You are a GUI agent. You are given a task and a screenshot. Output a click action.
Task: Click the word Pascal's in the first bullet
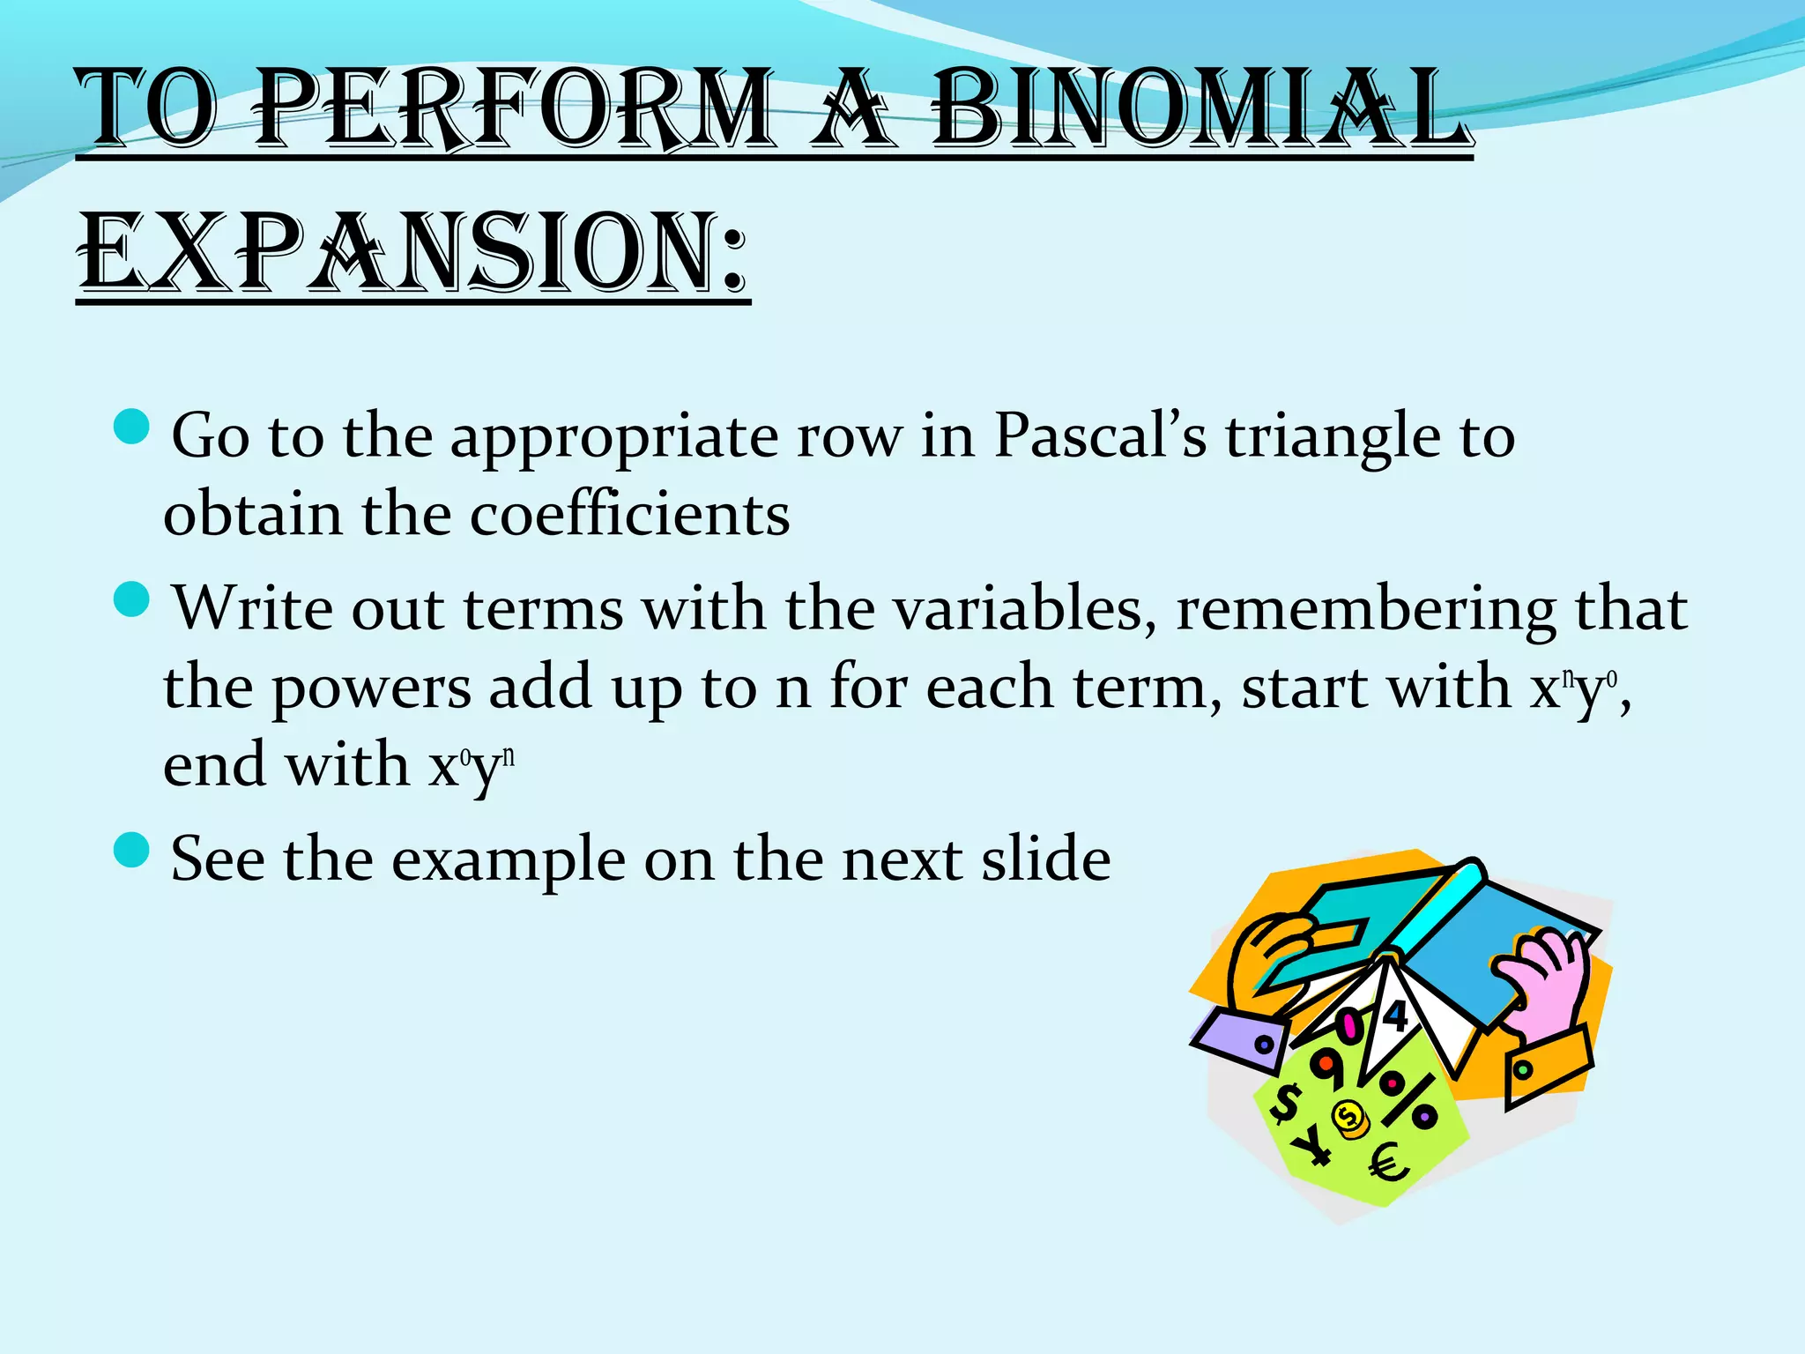click(x=1100, y=435)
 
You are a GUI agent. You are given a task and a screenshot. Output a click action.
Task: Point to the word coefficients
click(x=629, y=514)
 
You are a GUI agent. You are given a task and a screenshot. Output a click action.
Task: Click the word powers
click(x=371, y=688)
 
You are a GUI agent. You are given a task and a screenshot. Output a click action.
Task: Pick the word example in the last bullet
click(x=508, y=860)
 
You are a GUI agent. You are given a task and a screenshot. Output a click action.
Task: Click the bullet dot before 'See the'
click(x=133, y=850)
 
